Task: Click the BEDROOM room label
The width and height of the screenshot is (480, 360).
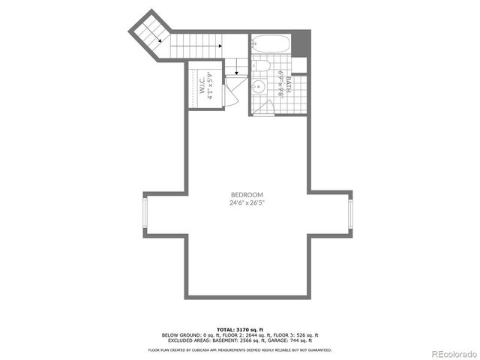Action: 241,194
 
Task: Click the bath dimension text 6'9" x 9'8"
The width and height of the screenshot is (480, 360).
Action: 280,85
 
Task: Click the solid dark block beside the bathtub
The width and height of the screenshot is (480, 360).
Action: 301,43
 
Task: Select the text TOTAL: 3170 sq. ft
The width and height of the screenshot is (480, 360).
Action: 241,329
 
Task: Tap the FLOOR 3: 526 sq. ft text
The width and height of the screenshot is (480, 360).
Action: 298,335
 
